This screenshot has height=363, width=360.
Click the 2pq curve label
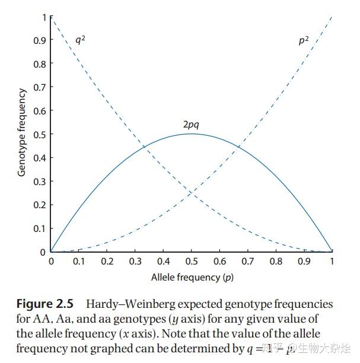click(x=191, y=125)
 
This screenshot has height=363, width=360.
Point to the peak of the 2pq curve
click(x=191, y=133)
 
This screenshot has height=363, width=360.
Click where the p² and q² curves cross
click(x=191, y=193)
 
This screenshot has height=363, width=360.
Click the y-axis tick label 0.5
click(x=39, y=134)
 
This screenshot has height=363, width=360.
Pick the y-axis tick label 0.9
click(x=39, y=40)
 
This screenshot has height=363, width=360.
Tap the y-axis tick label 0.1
click(x=39, y=228)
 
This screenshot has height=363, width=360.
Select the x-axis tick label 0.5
click(x=191, y=262)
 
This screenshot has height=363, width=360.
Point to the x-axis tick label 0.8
click(x=276, y=262)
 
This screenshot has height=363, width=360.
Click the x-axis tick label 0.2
click(x=107, y=262)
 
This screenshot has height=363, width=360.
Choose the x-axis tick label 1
click(x=332, y=262)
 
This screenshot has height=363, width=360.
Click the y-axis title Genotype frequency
click(x=22, y=132)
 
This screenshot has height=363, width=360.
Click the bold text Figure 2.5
click(x=44, y=304)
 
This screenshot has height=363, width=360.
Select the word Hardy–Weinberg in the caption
click(x=125, y=304)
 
